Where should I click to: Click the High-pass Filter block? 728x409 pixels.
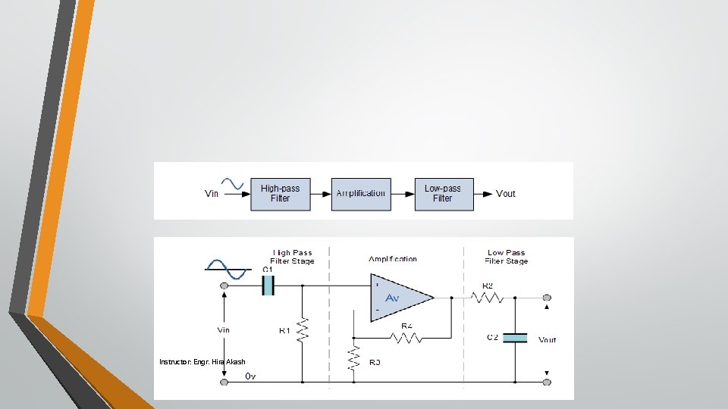pos(280,193)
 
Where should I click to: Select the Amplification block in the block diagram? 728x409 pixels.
pos(360,193)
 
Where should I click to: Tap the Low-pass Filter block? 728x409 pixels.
pos(443,193)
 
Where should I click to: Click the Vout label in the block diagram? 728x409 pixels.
pos(505,194)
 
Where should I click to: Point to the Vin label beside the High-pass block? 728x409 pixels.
pos(212,194)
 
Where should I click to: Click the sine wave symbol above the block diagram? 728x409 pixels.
pos(232,184)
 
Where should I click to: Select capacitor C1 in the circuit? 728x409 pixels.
pos(267,285)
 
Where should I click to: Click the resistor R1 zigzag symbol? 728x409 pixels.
pos(303,329)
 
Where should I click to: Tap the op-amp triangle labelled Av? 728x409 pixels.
pos(400,298)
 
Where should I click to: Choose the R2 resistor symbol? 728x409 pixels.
pos(488,298)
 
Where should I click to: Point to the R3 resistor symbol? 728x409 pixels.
pos(353,358)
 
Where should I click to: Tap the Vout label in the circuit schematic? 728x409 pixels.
pos(547,340)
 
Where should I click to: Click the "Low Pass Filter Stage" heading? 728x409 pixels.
pos(506,257)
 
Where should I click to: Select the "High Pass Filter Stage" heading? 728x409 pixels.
pos(292,257)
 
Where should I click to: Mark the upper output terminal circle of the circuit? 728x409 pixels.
pos(547,298)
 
